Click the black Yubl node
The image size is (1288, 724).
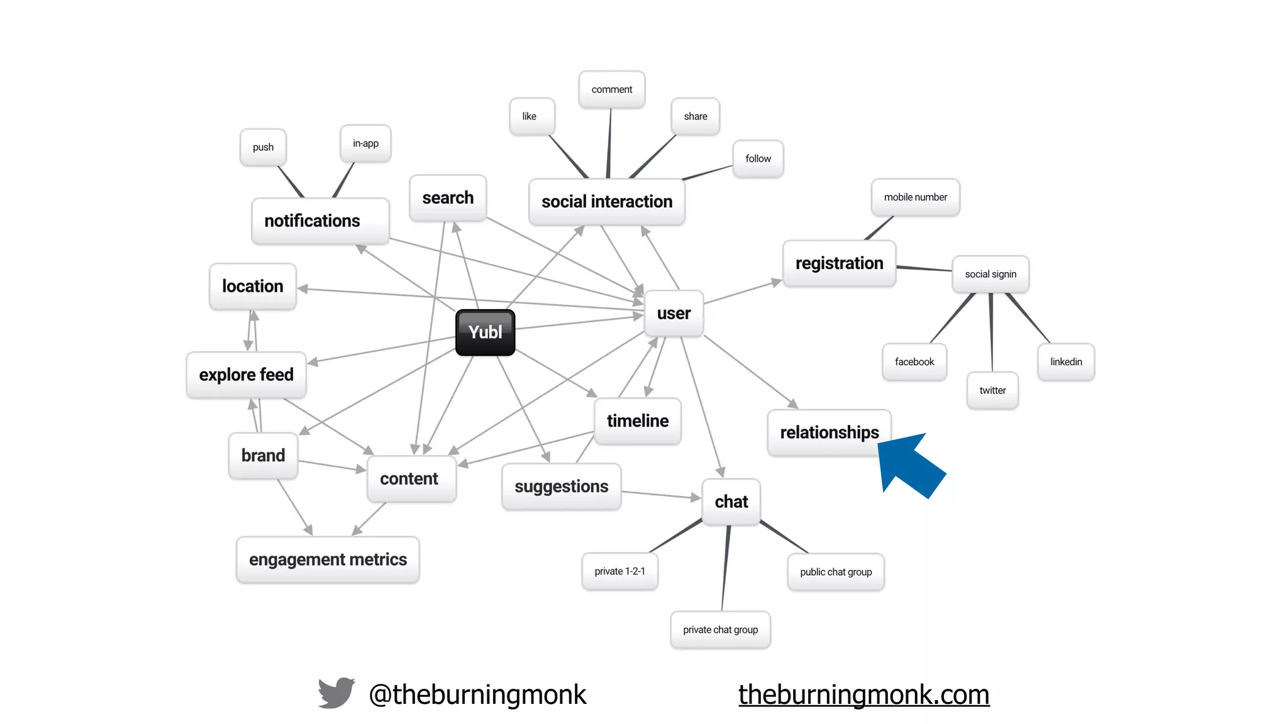click(485, 332)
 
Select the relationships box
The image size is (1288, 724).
click(829, 432)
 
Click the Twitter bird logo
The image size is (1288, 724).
click(336, 693)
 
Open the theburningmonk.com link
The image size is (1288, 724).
click(863, 694)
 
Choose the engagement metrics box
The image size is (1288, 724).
click(328, 559)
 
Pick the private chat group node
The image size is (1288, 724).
click(720, 630)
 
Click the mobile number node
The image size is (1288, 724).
click(915, 197)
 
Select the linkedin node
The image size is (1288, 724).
click(1066, 362)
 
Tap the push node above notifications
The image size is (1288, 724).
click(263, 147)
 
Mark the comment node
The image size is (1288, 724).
click(611, 90)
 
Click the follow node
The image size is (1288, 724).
click(758, 159)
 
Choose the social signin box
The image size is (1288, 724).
click(991, 274)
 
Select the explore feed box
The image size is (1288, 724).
click(246, 375)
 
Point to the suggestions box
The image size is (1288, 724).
click(561, 486)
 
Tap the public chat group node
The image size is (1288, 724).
click(836, 572)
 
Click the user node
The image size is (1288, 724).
click(674, 313)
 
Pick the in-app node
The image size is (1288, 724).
click(365, 143)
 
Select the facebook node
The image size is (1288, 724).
click(914, 362)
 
